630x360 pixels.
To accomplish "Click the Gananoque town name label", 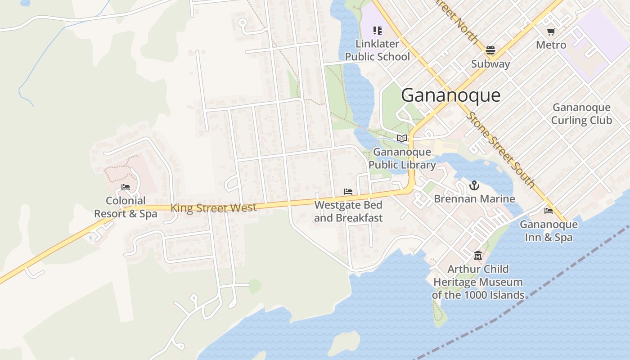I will click(x=450, y=95).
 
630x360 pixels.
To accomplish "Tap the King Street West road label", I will click(x=213, y=208).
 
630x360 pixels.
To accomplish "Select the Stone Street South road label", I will click(x=500, y=149).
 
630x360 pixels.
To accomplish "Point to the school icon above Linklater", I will click(x=378, y=31).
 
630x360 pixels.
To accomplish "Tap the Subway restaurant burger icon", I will click(x=490, y=50).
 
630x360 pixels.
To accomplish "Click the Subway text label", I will click(x=490, y=64).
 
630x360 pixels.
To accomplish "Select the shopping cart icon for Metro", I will click(x=551, y=31).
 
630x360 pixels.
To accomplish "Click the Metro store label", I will click(x=551, y=45).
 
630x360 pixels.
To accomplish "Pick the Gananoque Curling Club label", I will click(x=581, y=114).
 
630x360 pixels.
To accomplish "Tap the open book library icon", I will click(x=402, y=138).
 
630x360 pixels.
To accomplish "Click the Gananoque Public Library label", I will click(x=402, y=158).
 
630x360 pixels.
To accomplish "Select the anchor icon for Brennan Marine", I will click(x=474, y=185).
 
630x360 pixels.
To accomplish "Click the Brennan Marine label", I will click(x=474, y=199).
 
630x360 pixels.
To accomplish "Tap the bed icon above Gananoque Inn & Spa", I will click(x=548, y=211).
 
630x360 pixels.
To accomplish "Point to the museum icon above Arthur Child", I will click(x=478, y=256).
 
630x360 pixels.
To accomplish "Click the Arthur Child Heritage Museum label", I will click(x=478, y=282).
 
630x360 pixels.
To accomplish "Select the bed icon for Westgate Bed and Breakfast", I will click(x=348, y=192).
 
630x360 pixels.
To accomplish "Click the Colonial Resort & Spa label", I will click(x=126, y=207).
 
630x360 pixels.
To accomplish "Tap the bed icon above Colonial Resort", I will click(x=126, y=187).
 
